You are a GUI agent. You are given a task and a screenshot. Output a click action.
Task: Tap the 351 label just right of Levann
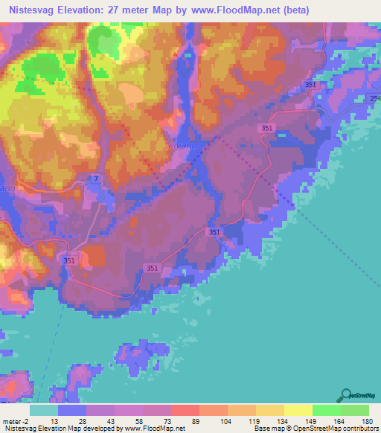coord(266,129)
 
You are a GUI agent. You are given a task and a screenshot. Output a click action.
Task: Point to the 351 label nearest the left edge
coord(68,260)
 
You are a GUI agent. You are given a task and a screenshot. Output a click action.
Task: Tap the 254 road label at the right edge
coord(374,99)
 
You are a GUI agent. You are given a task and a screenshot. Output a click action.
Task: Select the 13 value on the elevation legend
coord(55,421)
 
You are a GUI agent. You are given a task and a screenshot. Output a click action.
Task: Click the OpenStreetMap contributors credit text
coord(337,429)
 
